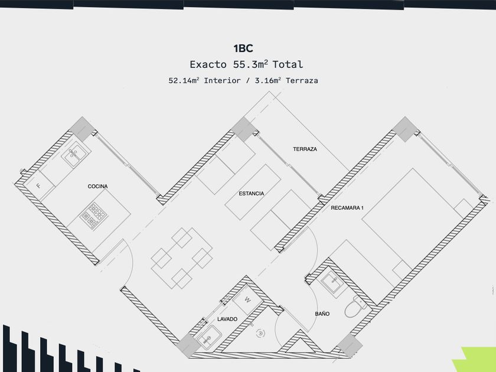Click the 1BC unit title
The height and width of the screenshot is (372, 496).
coord(243,48)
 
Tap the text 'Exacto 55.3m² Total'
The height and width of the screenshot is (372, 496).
coord(246,64)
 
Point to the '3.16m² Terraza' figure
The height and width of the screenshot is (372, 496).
coord(286,80)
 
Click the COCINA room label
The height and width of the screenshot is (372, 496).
coord(97,187)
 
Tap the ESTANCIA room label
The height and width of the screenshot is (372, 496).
coord(251,194)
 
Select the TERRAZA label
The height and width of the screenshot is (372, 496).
coord(305,149)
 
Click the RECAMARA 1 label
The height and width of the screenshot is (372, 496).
coord(348,208)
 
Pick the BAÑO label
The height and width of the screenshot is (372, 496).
coord(322,314)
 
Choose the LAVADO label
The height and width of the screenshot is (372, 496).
coord(227,319)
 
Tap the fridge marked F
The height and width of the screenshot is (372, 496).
coord(39,185)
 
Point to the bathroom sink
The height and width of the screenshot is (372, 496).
coord(332,282)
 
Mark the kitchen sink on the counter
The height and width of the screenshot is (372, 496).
coord(76,155)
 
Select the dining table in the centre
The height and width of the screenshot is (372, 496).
coord(182,258)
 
